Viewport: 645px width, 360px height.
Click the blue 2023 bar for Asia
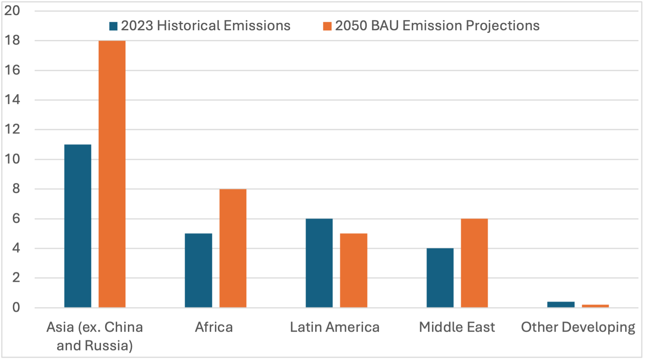pos(78,226)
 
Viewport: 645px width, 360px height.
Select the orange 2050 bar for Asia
pos(112,174)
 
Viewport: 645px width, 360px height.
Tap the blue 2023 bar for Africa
pos(198,270)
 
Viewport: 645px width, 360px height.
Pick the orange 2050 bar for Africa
pos(233,248)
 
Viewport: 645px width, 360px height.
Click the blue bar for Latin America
pos(319,263)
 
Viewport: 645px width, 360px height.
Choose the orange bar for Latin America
pos(353,270)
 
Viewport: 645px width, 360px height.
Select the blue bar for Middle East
pos(440,278)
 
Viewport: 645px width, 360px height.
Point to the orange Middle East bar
pos(474,263)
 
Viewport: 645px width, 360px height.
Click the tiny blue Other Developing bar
pos(561,304)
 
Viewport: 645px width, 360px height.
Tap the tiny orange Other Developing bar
pos(595,306)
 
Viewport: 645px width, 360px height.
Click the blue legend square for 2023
pos(113,26)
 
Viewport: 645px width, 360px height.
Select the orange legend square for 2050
pos(327,26)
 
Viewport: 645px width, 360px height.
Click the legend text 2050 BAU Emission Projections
pos(437,26)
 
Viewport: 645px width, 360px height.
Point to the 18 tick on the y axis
pos(12,41)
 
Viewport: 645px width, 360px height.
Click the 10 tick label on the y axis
pos(12,159)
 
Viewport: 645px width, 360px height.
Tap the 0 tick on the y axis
pos(16,308)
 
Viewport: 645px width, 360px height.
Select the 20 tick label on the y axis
pos(12,11)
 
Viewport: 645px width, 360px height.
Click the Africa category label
pos(214,327)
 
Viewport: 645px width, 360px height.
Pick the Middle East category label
pos(457,327)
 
